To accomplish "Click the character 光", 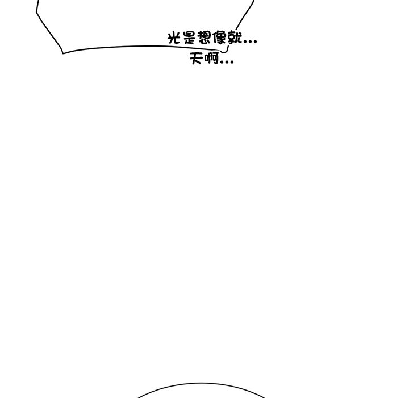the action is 174,38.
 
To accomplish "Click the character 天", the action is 197,58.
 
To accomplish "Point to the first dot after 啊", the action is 222,62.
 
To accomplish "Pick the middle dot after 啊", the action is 227,62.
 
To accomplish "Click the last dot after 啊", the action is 232,62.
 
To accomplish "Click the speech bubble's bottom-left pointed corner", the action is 63,53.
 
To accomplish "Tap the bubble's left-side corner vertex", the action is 36,12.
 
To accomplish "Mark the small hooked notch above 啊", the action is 225,51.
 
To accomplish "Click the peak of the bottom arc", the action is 201,383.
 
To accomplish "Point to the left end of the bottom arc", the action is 137,397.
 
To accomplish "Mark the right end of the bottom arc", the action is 265,397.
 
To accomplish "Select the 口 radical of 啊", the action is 206,58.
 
